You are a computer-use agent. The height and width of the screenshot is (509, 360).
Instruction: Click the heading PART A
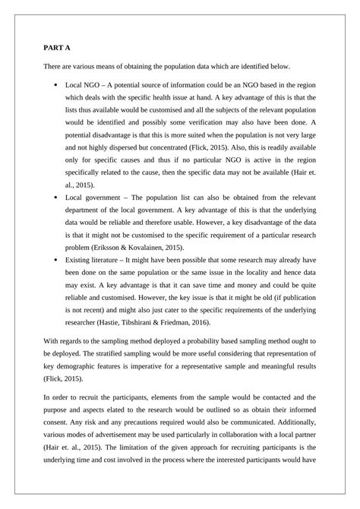pos(57,48)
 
